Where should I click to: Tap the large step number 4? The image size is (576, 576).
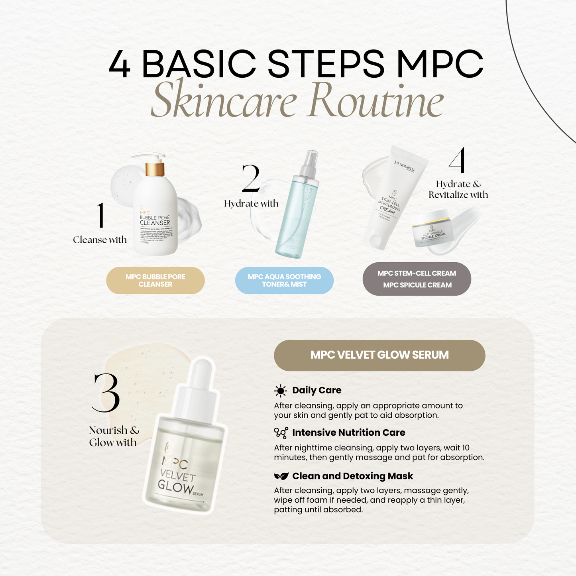pyautogui.click(x=457, y=161)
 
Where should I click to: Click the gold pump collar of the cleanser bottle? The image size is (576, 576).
pyautogui.click(x=155, y=169)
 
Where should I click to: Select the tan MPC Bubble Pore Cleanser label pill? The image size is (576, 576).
pyautogui.click(x=155, y=281)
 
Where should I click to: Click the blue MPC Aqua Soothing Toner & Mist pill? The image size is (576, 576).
pyautogui.click(x=284, y=281)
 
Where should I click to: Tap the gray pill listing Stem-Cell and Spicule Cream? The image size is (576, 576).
pyautogui.click(x=417, y=279)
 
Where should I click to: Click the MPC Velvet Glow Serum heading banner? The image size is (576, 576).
pyautogui.click(x=379, y=355)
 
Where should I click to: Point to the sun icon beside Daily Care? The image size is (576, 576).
pyautogui.click(x=281, y=391)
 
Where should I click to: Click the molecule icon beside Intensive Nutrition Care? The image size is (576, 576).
pyautogui.click(x=281, y=433)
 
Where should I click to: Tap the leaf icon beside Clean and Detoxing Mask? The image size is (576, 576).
pyautogui.click(x=281, y=476)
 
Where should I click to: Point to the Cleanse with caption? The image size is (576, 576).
pyautogui.click(x=100, y=240)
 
